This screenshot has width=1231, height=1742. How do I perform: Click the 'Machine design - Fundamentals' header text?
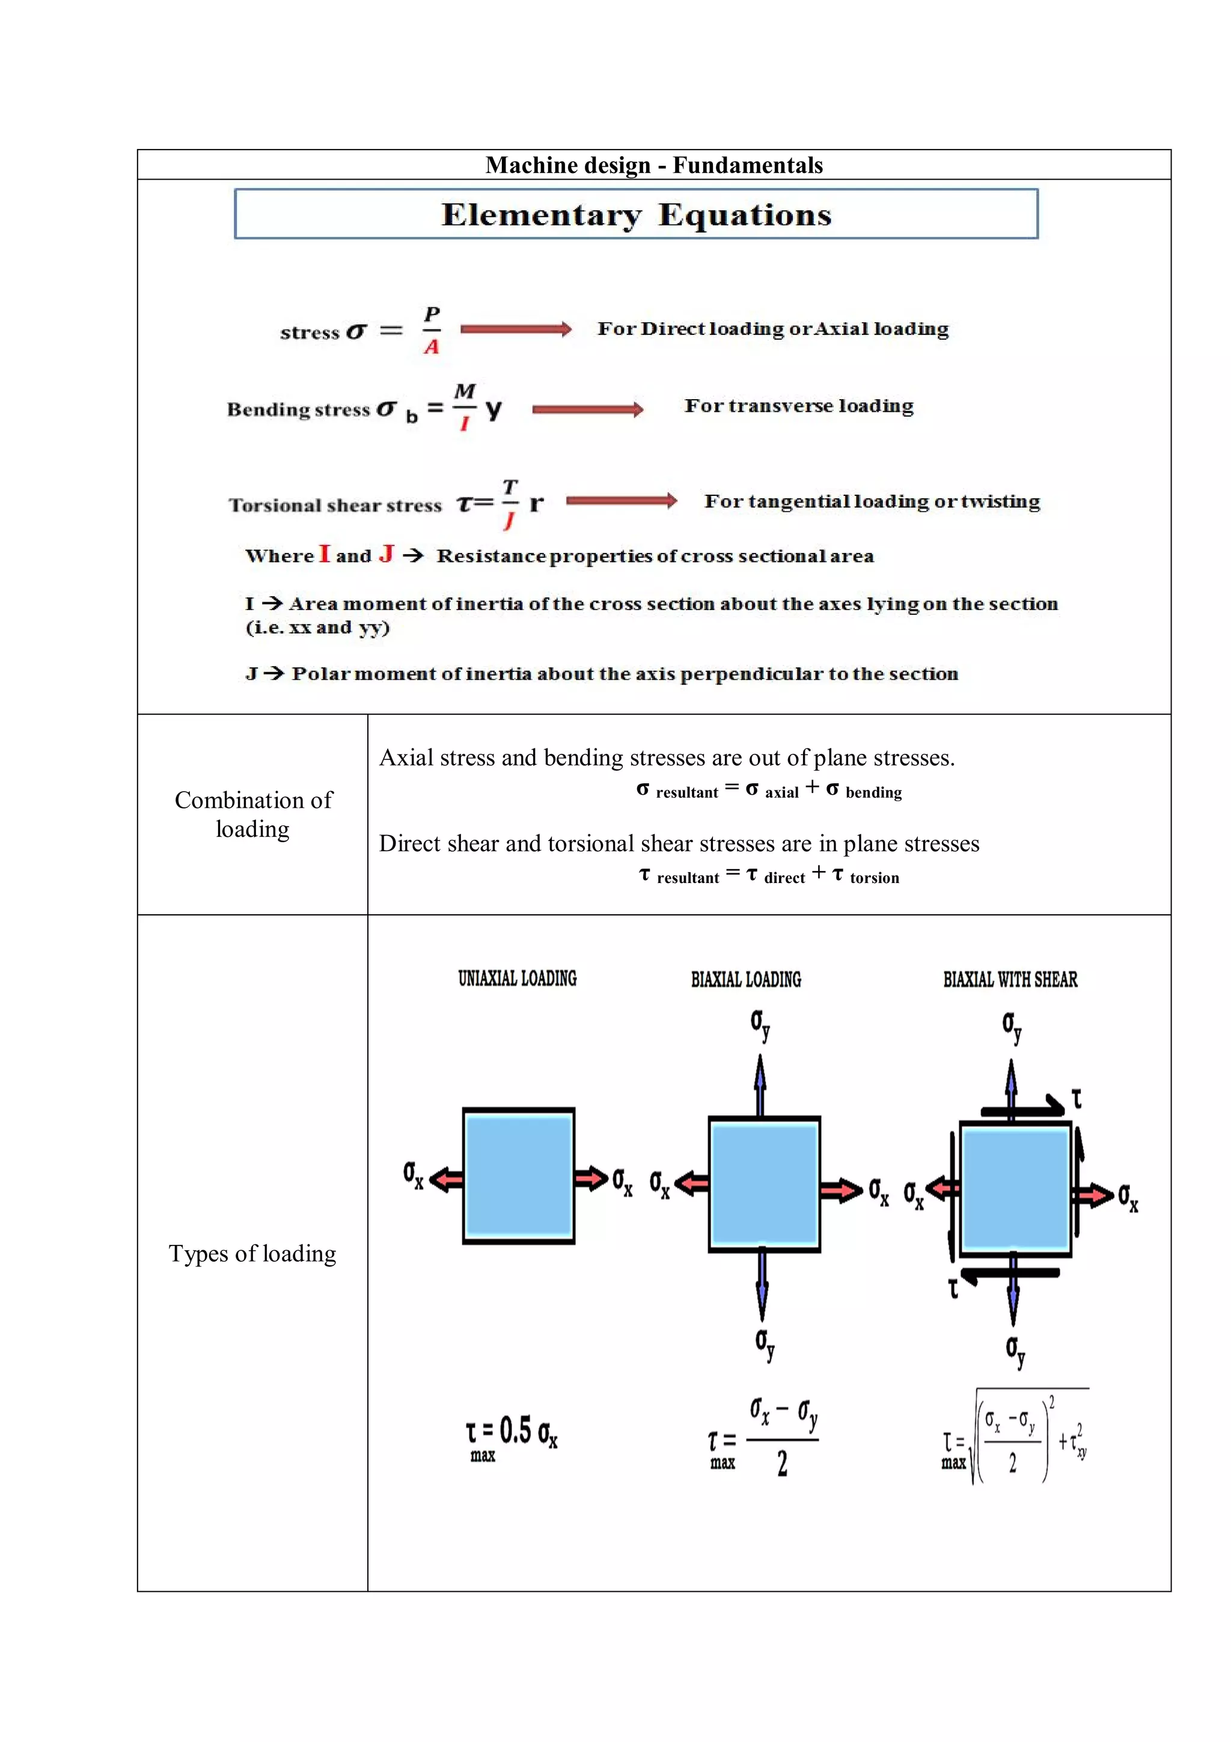pyautogui.click(x=654, y=165)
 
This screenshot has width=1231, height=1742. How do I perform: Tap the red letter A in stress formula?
pyautogui.click(x=432, y=347)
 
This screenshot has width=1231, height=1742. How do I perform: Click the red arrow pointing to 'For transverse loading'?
pyautogui.click(x=587, y=410)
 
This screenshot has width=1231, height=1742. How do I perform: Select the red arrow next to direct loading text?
pyautogui.click(x=516, y=329)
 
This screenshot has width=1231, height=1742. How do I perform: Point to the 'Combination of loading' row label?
pyautogui.click(x=252, y=814)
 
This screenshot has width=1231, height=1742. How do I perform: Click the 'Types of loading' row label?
pyautogui.click(x=252, y=1253)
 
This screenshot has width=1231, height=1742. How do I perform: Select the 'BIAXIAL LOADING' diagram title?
pyautogui.click(x=745, y=979)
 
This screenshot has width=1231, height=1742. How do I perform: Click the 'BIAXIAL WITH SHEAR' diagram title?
pyautogui.click(x=1010, y=979)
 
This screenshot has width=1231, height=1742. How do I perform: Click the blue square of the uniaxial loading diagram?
pyautogui.click(x=518, y=1175)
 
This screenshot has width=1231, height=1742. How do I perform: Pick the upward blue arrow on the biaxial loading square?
pyautogui.click(x=760, y=1085)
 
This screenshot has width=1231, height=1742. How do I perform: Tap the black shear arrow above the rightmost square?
pyautogui.click(x=1024, y=1108)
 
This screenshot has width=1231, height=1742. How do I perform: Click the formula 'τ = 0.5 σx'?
pyautogui.click(x=512, y=1433)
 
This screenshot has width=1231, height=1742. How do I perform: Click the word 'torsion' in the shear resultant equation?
pyautogui.click(x=874, y=878)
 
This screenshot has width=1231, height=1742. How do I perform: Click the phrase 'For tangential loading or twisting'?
pyautogui.click(x=872, y=501)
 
